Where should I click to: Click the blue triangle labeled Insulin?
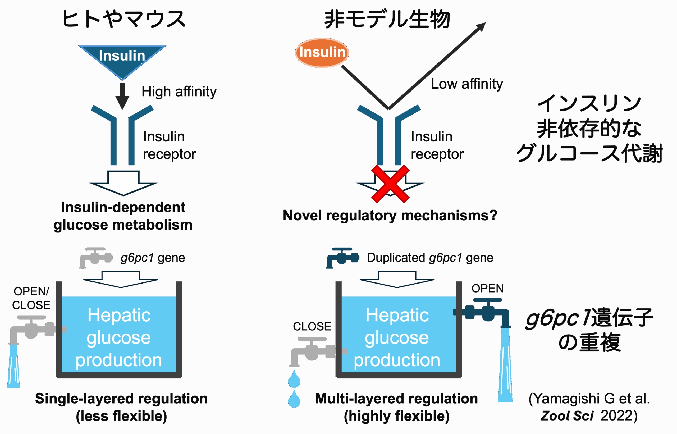122,58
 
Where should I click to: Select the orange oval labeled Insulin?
322,53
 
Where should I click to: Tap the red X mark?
390,184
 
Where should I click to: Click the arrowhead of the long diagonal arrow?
481,26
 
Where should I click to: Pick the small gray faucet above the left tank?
96,257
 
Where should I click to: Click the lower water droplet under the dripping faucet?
294,399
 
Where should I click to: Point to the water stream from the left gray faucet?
13,366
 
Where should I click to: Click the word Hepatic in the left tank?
119,315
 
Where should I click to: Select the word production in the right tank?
397,360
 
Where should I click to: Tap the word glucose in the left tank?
119,338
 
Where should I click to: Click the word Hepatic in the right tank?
397,315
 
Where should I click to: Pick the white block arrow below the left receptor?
123,183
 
